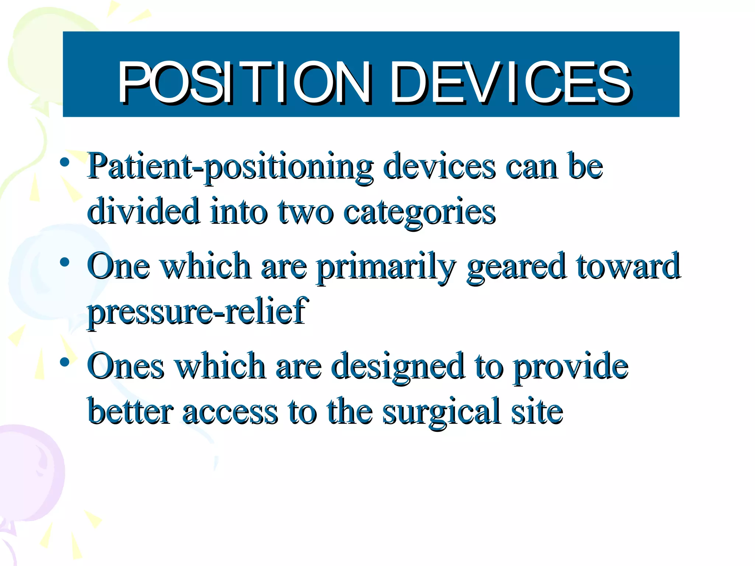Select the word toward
tap(628, 266)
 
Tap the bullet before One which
tap(65, 262)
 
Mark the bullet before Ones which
tap(65, 362)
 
